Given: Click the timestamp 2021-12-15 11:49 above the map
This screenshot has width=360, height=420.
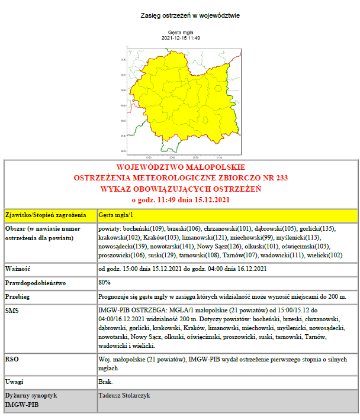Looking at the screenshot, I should (x=181, y=38).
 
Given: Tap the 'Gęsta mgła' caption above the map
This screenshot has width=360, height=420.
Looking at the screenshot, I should (x=181, y=33).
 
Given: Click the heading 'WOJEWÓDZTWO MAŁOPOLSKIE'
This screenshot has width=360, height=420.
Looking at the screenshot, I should (x=181, y=167).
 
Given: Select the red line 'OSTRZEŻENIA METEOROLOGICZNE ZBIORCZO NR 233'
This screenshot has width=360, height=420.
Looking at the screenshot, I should (x=181, y=178).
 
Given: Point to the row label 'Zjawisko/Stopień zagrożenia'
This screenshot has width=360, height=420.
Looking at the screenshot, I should (x=46, y=215).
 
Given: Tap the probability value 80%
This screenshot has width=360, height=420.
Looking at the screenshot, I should (x=105, y=283).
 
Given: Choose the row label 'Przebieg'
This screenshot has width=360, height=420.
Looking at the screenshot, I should (x=18, y=296).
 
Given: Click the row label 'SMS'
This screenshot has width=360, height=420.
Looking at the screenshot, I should (x=12, y=310).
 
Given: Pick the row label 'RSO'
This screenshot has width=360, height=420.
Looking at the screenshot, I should (x=12, y=358).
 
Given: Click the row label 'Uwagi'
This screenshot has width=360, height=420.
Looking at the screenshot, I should (x=14, y=381).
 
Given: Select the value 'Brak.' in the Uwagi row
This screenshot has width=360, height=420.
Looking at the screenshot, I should (x=107, y=381).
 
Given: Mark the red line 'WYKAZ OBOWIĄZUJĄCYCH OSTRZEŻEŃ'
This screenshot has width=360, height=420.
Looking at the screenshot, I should (x=181, y=189).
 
